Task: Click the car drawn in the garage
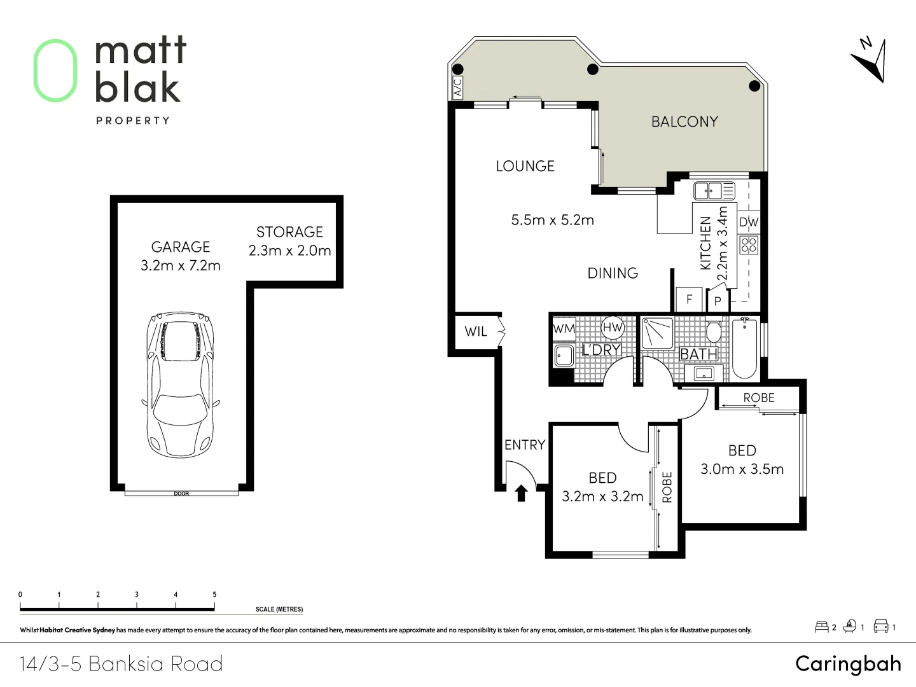(x=180, y=385)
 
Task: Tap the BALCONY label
(x=685, y=121)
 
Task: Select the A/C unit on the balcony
(x=458, y=87)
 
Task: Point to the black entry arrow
(x=521, y=493)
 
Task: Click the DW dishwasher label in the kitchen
(x=749, y=222)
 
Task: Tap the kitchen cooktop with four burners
(x=749, y=245)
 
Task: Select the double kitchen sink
(x=714, y=191)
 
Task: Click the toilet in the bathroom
(x=714, y=331)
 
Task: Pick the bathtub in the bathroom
(x=745, y=349)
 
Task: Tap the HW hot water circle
(x=613, y=328)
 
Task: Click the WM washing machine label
(x=564, y=329)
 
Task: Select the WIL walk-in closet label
(x=476, y=331)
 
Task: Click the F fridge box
(x=689, y=299)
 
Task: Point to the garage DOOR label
(x=181, y=494)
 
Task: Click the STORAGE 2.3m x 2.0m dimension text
(x=289, y=251)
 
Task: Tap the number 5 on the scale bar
(x=214, y=594)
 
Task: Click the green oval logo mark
(x=55, y=71)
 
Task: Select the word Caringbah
(x=849, y=663)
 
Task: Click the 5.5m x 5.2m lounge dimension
(x=553, y=220)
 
